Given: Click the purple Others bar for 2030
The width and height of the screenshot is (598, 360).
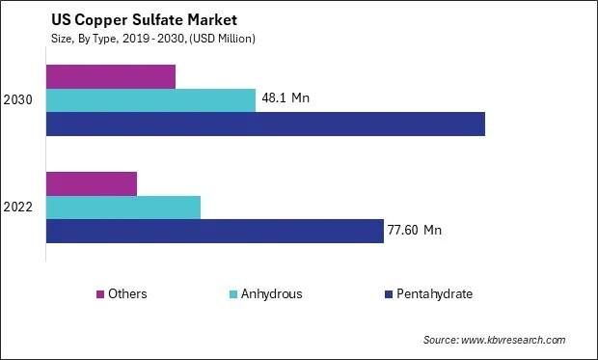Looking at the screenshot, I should click(111, 76).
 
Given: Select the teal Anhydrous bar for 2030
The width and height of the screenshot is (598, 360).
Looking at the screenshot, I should click(150, 100).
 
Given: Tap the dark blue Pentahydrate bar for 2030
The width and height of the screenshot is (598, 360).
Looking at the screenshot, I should click(265, 125).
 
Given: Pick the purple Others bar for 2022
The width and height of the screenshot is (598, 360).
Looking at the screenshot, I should click(92, 183).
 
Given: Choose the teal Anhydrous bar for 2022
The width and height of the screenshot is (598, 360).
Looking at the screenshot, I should click(123, 207).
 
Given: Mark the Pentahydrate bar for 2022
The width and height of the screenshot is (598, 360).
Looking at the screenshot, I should click(214, 231).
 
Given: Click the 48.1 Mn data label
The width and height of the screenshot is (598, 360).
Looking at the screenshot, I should click(286, 98).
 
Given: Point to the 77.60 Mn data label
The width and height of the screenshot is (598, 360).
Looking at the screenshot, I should click(415, 230).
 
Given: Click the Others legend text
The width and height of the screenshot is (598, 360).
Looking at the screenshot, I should click(127, 293).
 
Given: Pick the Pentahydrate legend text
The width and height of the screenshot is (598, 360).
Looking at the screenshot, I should click(434, 293).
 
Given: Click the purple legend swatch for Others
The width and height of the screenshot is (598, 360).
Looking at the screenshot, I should click(99, 293).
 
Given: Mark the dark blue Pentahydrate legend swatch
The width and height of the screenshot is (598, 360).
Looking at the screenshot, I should click(388, 293).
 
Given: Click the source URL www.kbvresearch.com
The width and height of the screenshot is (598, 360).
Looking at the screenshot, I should click(514, 340).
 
